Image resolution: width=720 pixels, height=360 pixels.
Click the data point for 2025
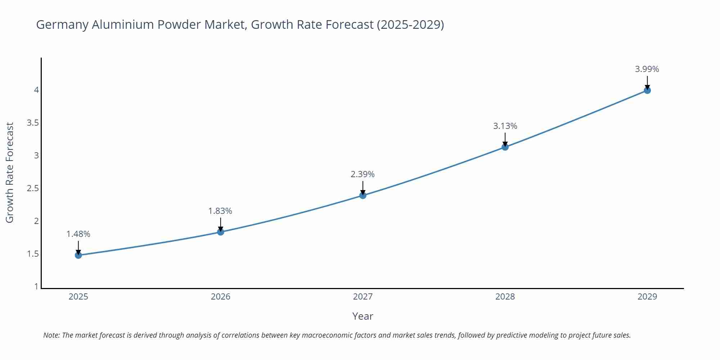pos(78,255)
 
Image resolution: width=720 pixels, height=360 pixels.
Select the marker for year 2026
pos(221,232)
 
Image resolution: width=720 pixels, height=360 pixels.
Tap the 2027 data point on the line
pos(363,195)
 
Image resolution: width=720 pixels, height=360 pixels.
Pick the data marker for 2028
pos(505,147)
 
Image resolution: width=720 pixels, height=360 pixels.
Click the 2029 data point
pos(647,90)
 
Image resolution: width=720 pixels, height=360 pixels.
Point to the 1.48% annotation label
pos(78,234)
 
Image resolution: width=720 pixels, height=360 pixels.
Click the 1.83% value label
pos(220,211)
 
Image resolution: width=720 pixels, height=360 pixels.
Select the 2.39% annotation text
pos(363,174)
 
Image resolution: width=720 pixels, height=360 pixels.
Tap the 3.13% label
pos(505,126)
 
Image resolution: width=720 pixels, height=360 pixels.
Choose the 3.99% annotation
pos(647,69)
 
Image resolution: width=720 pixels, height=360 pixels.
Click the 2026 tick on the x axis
pos(221,297)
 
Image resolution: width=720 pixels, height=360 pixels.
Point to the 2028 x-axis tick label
pos(505,297)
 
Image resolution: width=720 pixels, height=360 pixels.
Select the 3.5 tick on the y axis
pos(33,123)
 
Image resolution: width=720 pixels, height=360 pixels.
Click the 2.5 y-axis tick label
pos(33,188)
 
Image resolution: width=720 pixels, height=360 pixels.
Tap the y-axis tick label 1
pos(36,287)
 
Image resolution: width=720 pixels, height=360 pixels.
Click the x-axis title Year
pos(363,316)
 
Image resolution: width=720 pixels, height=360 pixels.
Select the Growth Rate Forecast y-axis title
pos(10,172)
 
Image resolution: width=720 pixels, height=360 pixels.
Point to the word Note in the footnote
pos(51,335)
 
